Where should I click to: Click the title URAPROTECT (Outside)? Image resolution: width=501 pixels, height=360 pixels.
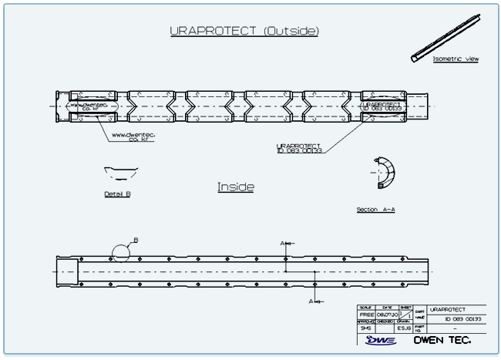click(244, 31)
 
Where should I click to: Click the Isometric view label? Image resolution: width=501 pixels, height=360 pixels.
click(455, 59)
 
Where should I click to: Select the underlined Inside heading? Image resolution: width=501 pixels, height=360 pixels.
click(236, 187)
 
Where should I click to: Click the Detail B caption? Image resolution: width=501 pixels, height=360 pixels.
click(117, 194)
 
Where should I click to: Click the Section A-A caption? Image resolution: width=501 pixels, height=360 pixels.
click(375, 209)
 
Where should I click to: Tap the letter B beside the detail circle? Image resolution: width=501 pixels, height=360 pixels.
click(136, 240)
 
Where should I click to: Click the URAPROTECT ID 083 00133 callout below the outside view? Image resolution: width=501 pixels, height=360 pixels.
click(298, 147)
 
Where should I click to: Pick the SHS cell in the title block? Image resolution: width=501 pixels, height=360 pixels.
click(367, 328)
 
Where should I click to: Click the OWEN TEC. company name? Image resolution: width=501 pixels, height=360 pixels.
click(442, 339)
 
